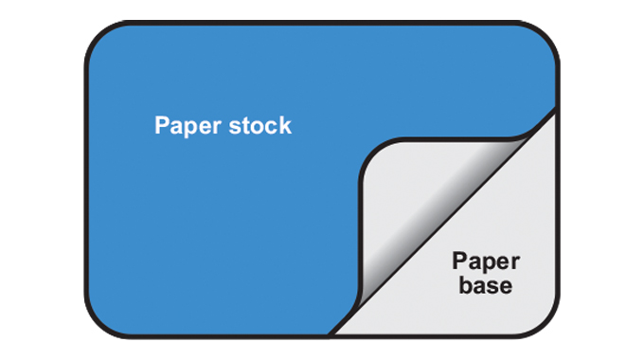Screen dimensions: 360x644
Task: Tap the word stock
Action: (x=259, y=126)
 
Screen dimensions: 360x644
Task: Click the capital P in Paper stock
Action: (x=162, y=126)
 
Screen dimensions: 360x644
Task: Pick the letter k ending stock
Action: (x=285, y=126)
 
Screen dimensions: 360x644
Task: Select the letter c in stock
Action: (x=272, y=127)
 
